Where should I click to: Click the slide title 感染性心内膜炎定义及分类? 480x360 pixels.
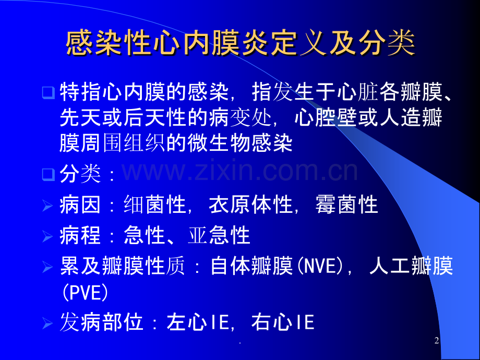click(x=241, y=43)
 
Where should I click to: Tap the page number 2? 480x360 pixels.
click(x=437, y=340)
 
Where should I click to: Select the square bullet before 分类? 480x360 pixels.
click(x=49, y=174)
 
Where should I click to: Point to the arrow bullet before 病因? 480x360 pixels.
click(x=47, y=206)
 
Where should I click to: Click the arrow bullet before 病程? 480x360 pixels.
click(x=47, y=236)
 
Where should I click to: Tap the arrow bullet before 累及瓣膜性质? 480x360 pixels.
click(x=47, y=267)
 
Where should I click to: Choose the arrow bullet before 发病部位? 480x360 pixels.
click(x=47, y=323)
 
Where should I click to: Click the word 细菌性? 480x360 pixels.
click(x=155, y=205)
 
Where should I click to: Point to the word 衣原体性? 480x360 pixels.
click(x=251, y=205)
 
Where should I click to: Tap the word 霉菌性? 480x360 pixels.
click(x=347, y=205)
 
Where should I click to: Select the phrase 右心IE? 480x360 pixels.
click(x=283, y=322)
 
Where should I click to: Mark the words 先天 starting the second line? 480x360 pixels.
click(x=81, y=117)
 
